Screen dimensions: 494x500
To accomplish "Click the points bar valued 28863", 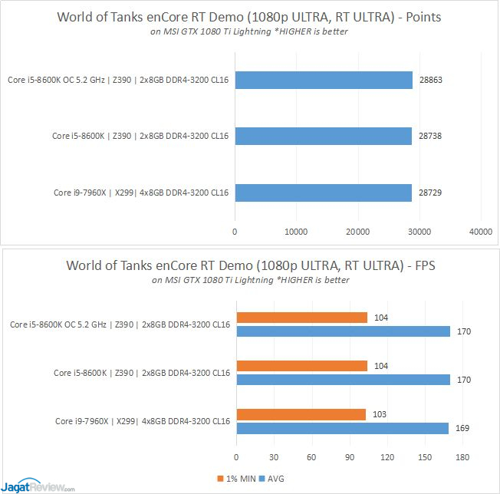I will [324, 81].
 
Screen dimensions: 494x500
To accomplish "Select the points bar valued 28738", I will [324, 136].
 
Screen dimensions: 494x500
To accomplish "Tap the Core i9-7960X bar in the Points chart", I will [324, 191].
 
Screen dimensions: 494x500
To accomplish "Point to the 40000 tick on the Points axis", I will [480, 231].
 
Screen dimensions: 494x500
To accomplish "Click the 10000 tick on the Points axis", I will [296, 231].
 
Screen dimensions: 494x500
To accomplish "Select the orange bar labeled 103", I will [301, 415].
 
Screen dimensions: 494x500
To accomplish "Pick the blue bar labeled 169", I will [342, 428].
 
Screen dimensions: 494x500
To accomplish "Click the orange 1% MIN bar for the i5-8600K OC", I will [302, 318].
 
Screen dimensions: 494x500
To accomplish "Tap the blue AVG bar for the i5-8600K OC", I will [343, 331].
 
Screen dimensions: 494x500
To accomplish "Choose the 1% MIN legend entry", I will [238, 479].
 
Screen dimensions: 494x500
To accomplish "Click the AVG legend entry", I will [274, 479].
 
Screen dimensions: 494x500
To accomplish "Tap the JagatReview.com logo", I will [38, 485].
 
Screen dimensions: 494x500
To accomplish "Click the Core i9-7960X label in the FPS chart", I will [142, 421].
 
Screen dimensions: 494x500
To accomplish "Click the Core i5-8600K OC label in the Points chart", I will [119, 81].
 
